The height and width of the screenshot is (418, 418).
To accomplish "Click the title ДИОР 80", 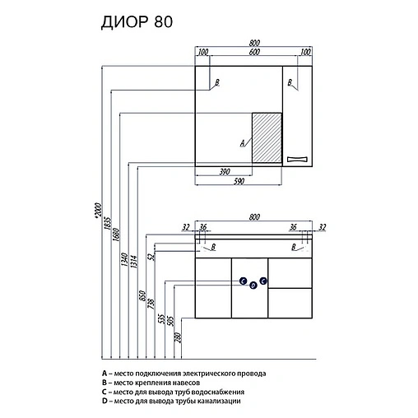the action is pyautogui.click(x=137, y=21).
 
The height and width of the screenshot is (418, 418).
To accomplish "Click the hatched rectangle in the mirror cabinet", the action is pyautogui.click(x=267, y=137).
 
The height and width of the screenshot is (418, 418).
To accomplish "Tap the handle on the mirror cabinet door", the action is pyautogui.click(x=297, y=159).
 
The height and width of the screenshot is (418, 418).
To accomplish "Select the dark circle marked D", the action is pyautogui.click(x=253, y=286).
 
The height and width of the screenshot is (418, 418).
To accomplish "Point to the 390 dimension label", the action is pyautogui.click(x=225, y=172).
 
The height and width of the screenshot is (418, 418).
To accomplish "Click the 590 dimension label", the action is pyautogui.click(x=239, y=181).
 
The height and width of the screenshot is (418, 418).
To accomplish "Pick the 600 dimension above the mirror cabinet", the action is pyautogui.click(x=254, y=52).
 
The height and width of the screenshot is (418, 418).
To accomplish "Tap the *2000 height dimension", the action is pyautogui.click(x=98, y=211).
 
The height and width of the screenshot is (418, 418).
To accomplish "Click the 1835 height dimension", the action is pyautogui.click(x=108, y=223).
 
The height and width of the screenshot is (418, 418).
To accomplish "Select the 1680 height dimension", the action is pyautogui.click(x=116, y=235).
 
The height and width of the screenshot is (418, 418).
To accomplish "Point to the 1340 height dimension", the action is pyautogui.click(x=125, y=259).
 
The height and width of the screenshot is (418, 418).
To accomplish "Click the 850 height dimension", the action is pyautogui.click(x=142, y=295).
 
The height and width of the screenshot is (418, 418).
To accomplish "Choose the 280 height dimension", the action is pyautogui.click(x=178, y=337).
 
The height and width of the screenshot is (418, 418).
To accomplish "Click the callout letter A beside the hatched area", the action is pyautogui.click(x=243, y=143).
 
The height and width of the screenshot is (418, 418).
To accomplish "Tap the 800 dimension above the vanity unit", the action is pyautogui.click(x=254, y=217).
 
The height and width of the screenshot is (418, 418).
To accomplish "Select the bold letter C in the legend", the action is pyautogui.click(x=104, y=392).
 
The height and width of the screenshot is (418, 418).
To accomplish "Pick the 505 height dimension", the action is pyautogui.click(x=170, y=321).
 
